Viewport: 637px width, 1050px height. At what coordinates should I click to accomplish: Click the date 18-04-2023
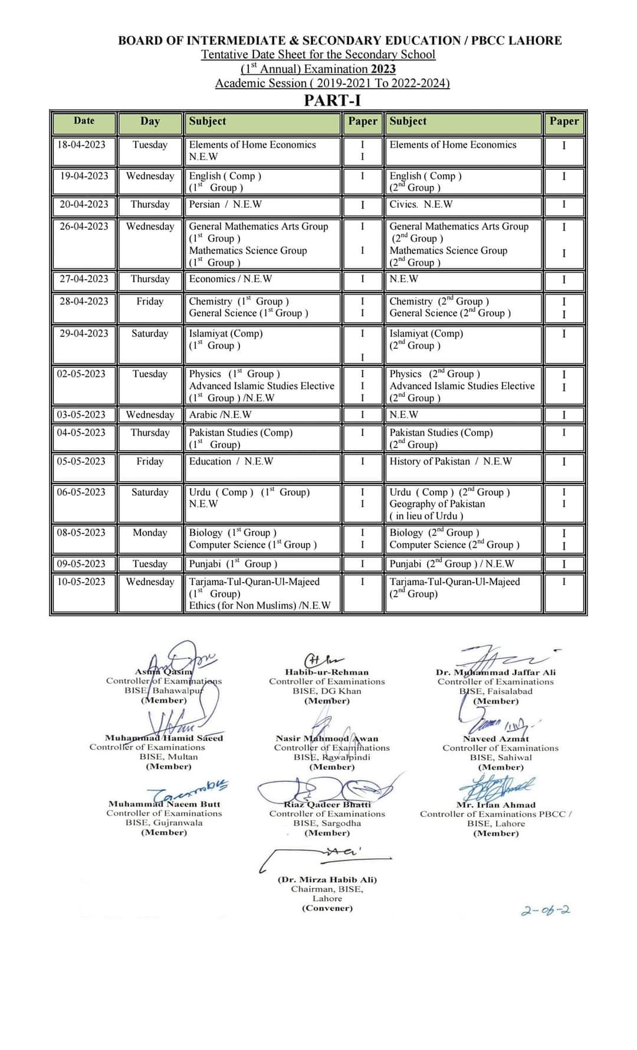point(81,145)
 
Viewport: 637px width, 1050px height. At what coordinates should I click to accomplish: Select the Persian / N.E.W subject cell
point(225,204)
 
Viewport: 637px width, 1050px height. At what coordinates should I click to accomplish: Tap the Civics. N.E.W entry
point(421,204)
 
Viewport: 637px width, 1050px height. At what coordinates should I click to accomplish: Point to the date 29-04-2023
point(84,333)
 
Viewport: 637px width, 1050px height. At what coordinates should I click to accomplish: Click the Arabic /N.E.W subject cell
point(220,414)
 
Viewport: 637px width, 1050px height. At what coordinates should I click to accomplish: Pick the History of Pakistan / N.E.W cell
point(451,461)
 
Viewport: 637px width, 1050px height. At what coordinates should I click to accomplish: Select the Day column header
point(150,121)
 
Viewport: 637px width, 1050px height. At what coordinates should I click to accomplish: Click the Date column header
point(84,120)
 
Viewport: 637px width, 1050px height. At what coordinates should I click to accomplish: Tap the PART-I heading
point(332,100)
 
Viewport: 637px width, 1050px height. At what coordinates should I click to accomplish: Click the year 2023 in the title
point(383,69)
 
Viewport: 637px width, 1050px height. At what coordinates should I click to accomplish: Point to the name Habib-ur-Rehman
point(327,672)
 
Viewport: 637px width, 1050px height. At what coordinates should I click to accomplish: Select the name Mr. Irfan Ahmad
point(496,804)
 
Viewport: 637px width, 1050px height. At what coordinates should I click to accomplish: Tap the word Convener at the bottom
point(327,908)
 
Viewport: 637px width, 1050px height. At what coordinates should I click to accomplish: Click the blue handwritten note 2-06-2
point(546,910)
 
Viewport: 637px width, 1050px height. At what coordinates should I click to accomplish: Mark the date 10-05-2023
point(81,581)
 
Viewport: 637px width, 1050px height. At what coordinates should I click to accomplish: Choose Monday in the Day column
point(150,532)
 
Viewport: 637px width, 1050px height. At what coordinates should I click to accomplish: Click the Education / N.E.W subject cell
point(231,461)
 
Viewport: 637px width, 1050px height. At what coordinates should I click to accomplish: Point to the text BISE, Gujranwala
point(164,822)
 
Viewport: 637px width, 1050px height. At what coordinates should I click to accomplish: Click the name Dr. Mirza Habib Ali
point(327,879)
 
